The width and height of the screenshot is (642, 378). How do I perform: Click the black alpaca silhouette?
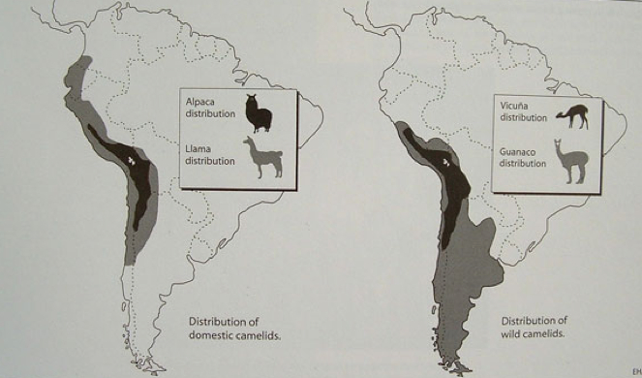258,113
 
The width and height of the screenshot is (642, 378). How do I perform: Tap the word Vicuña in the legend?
516,105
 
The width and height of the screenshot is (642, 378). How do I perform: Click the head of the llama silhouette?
248,142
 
